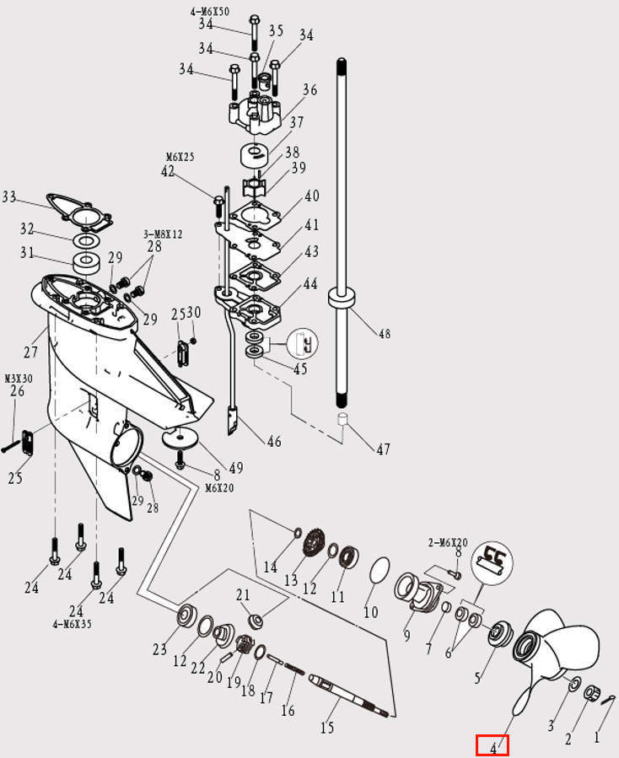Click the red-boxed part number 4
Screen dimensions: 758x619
[x=493, y=746]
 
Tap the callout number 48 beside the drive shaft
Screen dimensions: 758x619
[x=385, y=334]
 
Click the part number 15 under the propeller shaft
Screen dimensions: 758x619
[x=327, y=727]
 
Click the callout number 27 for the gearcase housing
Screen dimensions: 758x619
[x=31, y=352]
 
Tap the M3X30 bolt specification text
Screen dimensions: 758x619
[x=18, y=379]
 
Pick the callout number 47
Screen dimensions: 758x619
[x=383, y=449]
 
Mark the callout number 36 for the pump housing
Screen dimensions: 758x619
[x=309, y=89]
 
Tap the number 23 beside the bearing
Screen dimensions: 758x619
[x=159, y=649]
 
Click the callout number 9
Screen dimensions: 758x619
[x=407, y=635]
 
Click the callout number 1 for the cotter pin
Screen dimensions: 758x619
[x=597, y=737]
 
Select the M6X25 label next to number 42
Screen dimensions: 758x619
[x=179, y=157]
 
